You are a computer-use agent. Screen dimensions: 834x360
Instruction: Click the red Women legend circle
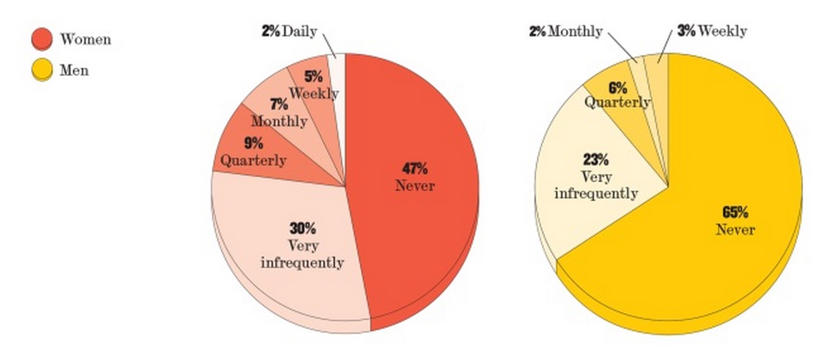click(42, 39)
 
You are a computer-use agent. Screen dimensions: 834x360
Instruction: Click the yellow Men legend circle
click(42, 70)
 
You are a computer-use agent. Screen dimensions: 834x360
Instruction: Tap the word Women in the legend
click(85, 39)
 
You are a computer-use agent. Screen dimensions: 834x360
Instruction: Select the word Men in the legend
click(74, 70)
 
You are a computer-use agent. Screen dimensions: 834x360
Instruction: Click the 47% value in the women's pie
click(415, 169)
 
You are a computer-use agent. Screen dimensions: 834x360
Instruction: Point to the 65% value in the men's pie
click(735, 212)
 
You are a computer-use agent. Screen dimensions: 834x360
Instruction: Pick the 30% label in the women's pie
click(303, 228)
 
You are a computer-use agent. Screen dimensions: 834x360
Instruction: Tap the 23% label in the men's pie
click(596, 160)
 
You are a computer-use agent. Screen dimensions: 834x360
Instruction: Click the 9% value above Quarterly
click(253, 143)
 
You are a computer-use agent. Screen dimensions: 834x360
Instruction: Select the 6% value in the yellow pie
click(618, 88)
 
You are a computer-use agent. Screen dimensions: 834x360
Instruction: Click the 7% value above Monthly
click(279, 104)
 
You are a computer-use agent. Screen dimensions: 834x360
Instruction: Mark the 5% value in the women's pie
click(313, 76)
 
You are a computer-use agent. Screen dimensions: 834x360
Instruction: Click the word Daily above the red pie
click(299, 31)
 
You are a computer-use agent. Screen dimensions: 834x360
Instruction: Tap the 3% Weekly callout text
click(712, 31)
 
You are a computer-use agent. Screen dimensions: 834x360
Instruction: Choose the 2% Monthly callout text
click(566, 31)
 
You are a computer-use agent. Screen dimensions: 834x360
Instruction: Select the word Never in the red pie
click(415, 185)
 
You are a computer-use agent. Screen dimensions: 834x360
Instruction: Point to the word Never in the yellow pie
click(735, 229)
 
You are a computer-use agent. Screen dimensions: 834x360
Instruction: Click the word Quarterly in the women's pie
click(253, 160)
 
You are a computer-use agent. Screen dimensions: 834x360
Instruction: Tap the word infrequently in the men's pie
click(596, 194)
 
